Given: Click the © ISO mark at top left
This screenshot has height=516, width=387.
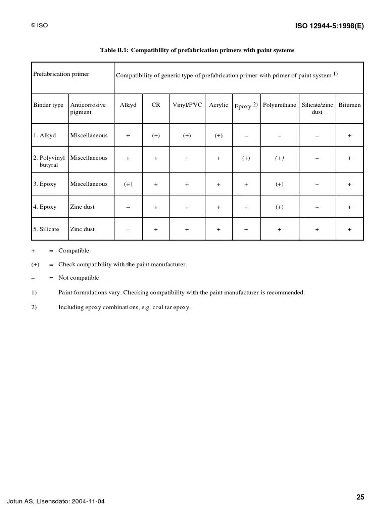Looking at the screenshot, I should tap(40, 25).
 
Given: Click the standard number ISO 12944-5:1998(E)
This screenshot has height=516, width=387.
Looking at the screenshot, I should tap(329, 27).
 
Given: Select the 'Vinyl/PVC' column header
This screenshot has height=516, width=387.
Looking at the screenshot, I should tap(187, 105).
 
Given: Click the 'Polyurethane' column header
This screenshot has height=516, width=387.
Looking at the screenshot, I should tap(279, 105).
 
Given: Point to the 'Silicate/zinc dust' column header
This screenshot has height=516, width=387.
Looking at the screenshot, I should tap(317, 108).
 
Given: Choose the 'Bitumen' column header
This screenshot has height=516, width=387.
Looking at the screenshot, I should tap(350, 105).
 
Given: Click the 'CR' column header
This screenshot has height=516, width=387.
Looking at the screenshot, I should tap(156, 105).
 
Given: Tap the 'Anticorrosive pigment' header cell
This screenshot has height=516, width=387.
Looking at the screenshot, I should tap(88, 108).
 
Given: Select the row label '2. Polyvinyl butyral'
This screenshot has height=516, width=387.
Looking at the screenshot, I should tap(49, 161).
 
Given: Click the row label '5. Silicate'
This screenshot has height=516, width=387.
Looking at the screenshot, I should tap(46, 229).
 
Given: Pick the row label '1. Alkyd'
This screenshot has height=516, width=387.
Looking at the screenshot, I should tap(44, 135).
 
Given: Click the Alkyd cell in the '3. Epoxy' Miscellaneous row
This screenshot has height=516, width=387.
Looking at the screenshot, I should tap(128, 184).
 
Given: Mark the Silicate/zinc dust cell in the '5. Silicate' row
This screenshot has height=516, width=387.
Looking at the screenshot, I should tap(317, 230).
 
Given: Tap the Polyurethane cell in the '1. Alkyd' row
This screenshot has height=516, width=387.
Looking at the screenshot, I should tap(279, 136).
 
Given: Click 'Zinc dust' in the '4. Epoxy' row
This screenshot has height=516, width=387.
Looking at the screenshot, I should tap(82, 207).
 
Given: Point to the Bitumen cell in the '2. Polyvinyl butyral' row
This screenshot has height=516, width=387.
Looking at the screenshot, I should tap(350, 158).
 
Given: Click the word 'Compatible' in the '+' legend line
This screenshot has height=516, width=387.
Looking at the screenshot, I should tap(74, 251).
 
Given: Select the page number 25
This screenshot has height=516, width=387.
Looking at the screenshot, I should tap(360, 497).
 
